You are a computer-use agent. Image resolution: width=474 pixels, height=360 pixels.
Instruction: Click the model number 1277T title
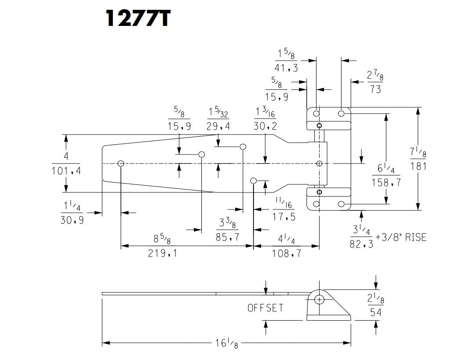[137, 18]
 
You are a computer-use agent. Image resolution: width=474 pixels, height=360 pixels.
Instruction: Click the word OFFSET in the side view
[266, 308]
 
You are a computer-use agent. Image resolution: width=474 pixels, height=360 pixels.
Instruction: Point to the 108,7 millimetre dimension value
[287, 253]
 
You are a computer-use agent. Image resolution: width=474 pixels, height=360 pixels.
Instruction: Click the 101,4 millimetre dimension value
[66, 171]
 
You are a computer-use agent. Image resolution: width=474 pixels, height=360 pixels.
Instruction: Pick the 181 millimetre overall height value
[418, 166]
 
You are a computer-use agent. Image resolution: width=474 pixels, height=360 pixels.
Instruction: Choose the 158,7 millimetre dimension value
[386, 182]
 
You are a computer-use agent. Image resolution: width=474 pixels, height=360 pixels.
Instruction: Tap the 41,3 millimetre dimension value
[286, 68]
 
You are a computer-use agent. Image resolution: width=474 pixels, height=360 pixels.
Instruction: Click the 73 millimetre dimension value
[375, 89]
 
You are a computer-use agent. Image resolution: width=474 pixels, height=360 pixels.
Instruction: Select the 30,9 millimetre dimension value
[72, 220]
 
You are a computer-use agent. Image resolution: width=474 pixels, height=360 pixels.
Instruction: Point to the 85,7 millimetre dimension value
[228, 237]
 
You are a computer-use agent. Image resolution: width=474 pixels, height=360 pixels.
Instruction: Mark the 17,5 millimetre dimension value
[284, 218]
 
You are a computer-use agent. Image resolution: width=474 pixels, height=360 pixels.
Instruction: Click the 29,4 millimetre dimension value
[218, 126]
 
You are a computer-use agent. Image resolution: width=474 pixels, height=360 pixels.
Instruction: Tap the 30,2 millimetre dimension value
[265, 126]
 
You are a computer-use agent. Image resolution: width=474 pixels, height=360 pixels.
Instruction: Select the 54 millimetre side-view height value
[376, 312]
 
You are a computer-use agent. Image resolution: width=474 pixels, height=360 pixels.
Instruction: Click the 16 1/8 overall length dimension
[226, 343]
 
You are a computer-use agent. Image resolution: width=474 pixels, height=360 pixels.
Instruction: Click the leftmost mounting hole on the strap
[121, 163]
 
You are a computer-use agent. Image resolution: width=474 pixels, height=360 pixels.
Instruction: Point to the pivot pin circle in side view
[319, 299]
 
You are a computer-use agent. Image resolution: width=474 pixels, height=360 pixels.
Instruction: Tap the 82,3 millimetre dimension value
[362, 244]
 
